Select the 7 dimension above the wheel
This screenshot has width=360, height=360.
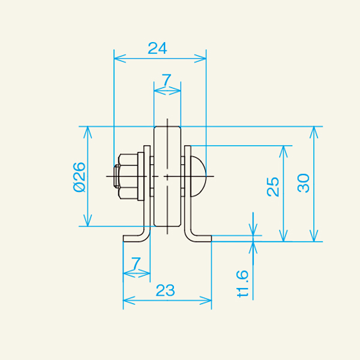[x=167, y=79]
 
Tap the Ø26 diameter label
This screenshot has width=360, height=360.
[x=79, y=177]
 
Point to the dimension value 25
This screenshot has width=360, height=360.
[x=273, y=187]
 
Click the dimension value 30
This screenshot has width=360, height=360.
[x=304, y=182]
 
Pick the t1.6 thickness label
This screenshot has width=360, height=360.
[x=242, y=284]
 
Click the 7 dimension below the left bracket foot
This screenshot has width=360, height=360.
[x=136, y=263]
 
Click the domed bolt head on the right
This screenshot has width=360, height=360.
[x=199, y=176]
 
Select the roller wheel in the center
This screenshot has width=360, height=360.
[x=167, y=177]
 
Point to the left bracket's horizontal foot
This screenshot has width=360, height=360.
[x=133, y=238]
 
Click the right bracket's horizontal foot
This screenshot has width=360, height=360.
[x=200, y=238]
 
